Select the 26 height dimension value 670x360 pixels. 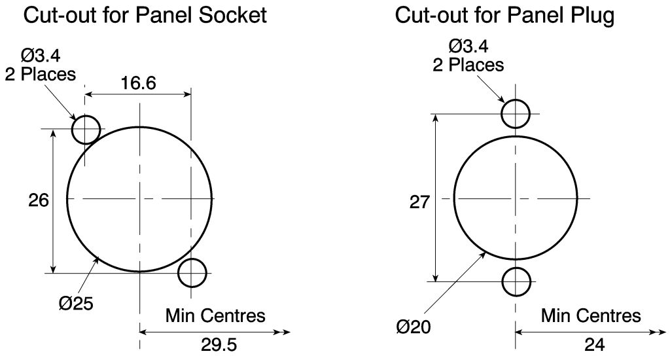(x=39, y=200)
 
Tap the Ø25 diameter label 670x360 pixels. (x=76, y=304)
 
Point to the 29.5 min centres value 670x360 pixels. (x=219, y=345)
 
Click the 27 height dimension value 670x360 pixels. (x=419, y=202)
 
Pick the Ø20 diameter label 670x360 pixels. (x=414, y=326)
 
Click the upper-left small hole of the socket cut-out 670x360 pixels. (x=86, y=129)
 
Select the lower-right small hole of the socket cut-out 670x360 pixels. (x=192, y=272)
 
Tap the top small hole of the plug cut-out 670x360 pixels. (x=516, y=113)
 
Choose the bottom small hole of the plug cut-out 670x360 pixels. (x=516, y=281)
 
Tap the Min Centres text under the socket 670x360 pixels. (x=215, y=315)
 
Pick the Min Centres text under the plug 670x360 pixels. (x=591, y=315)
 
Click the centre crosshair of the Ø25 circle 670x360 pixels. (x=139, y=198)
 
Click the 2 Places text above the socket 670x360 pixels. (x=41, y=73)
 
